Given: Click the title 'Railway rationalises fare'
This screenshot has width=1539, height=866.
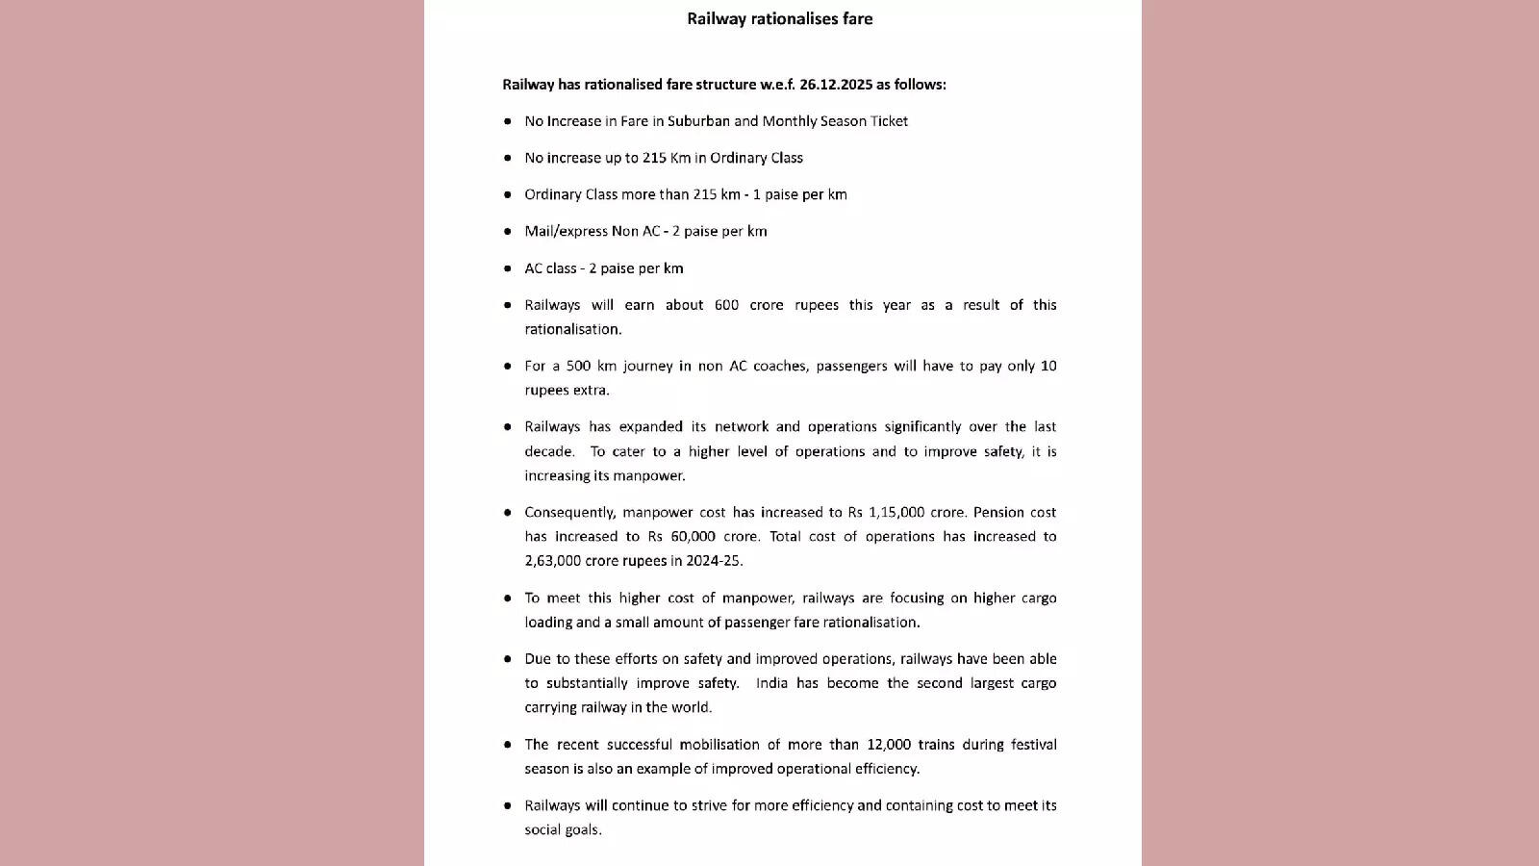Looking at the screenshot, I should tap(779, 18).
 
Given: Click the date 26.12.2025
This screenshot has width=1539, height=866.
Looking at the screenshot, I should tap(835, 85).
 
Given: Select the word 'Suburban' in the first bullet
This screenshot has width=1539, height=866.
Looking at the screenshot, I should tap(698, 121).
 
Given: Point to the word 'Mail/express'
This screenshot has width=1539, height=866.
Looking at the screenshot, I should tap(566, 231).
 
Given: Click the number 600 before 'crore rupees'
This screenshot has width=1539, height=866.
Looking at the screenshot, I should tap(726, 305).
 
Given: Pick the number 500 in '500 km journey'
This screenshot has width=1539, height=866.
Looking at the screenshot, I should tap(578, 366).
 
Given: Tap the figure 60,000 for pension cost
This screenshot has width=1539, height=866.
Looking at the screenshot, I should tap(694, 536).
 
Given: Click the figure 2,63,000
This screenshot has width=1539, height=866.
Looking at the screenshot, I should tap(552, 560).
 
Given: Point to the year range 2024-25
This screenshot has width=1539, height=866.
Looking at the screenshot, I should tap(714, 560).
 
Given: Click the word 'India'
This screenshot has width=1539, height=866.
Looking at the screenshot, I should tap(771, 683).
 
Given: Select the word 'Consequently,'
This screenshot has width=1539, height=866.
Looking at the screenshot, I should tap(568, 512).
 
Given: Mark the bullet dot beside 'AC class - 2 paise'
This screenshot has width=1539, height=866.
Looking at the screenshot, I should tap(508, 268).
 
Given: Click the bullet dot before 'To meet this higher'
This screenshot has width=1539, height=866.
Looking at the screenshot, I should tap(508, 598).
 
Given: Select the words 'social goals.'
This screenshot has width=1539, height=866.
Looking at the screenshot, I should tap(563, 829).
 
